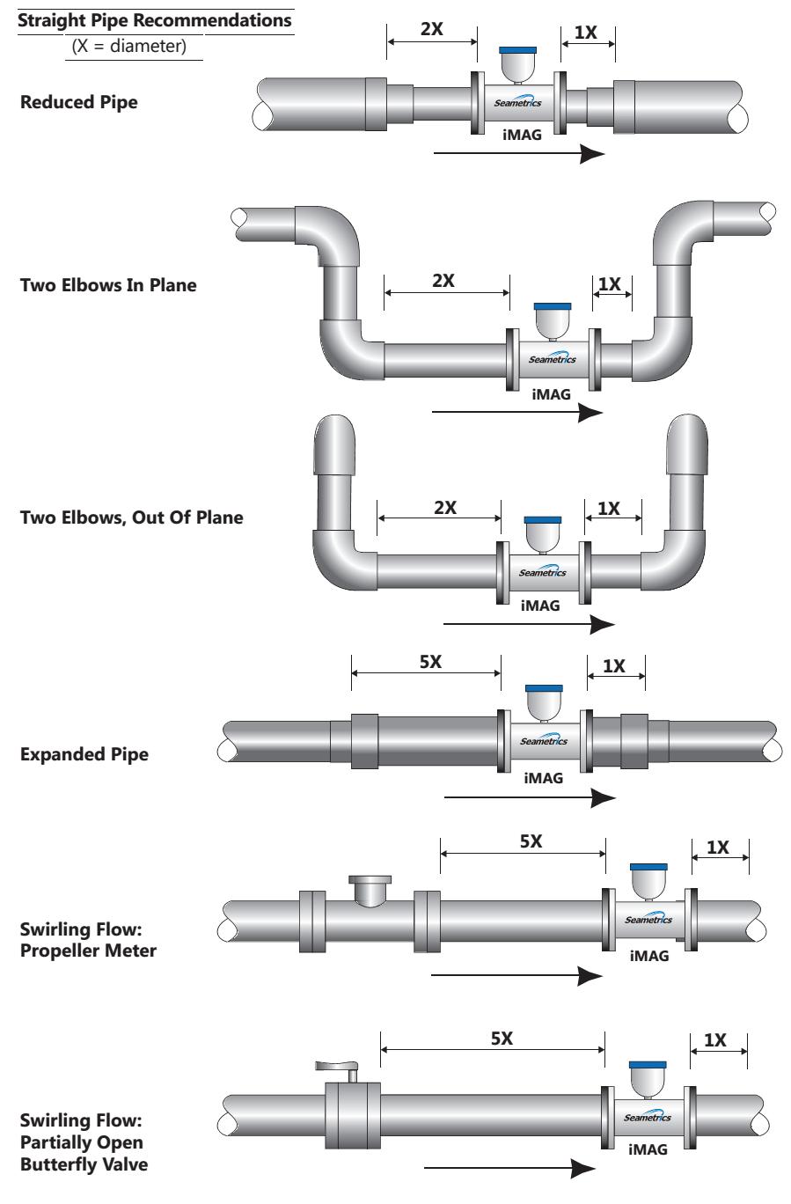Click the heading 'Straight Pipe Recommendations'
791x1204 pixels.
(155, 20)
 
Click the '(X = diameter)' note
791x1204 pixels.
(134, 47)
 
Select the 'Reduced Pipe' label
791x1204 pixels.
(78, 102)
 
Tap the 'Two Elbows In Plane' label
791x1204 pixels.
(107, 285)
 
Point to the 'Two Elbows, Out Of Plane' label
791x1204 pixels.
(131, 518)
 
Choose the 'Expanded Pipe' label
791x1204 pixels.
(84, 754)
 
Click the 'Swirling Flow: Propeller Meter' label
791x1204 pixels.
(88, 939)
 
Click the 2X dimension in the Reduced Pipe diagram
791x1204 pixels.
(431, 28)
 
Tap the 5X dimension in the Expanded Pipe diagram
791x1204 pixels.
(430, 662)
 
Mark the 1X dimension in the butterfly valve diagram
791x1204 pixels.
(715, 1039)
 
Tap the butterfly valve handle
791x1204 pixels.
(337, 1067)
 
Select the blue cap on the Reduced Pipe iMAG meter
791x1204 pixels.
(518, 50)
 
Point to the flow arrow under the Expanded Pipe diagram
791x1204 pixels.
(529, 797)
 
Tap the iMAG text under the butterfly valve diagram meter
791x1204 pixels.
(648, 1149)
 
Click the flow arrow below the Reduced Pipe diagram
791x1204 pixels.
(519, 154)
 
